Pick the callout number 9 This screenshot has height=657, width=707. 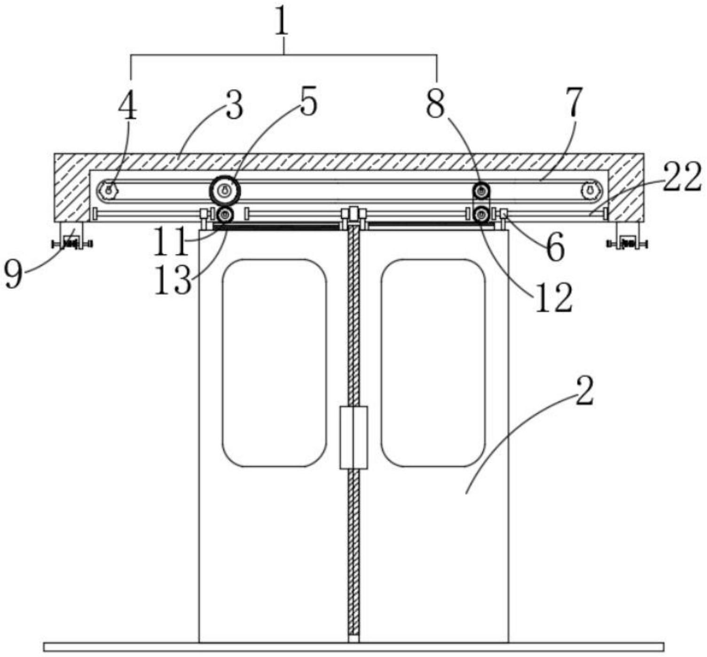click(14, 274)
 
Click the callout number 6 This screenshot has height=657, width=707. click(555, 245)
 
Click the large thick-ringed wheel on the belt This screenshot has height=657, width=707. click(225, 191)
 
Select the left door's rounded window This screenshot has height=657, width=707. click(275, 363)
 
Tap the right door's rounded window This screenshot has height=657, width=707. click(433, 363)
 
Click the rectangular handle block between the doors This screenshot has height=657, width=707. click(354, 437)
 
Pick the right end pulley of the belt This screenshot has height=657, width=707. click(591, 190)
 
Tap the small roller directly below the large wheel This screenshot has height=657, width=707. click(225, 215)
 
